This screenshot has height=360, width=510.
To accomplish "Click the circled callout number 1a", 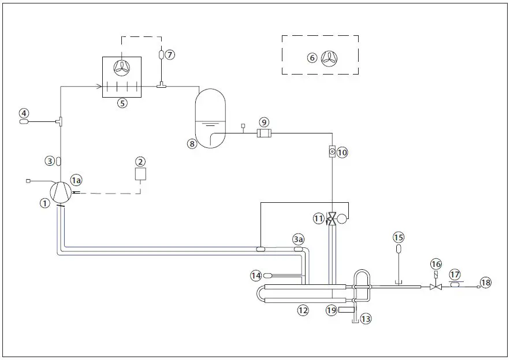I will [77, 180].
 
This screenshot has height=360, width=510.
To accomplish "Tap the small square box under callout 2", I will [140, 174].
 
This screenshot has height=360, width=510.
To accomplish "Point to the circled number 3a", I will [298, 239].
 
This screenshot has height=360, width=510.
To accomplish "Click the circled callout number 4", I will [24, 113].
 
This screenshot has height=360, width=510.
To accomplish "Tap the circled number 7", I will [169, 54].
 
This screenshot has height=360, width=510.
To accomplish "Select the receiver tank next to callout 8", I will [210, 118].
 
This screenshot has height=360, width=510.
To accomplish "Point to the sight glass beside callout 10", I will [332, 152].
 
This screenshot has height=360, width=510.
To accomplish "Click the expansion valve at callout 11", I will [332, 219].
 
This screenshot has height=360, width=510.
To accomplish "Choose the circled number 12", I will [303, 310].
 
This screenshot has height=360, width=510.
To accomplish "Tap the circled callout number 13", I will [364, 318].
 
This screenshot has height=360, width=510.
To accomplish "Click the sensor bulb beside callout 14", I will [267, 275].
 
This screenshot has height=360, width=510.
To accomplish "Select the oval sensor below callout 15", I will [399, 249].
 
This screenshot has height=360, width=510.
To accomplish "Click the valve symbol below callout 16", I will [436, 286].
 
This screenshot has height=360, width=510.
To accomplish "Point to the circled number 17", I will [455, 274].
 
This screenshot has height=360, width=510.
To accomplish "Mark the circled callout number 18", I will [485, 283].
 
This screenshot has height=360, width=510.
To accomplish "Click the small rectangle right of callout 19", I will [347, 310].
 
